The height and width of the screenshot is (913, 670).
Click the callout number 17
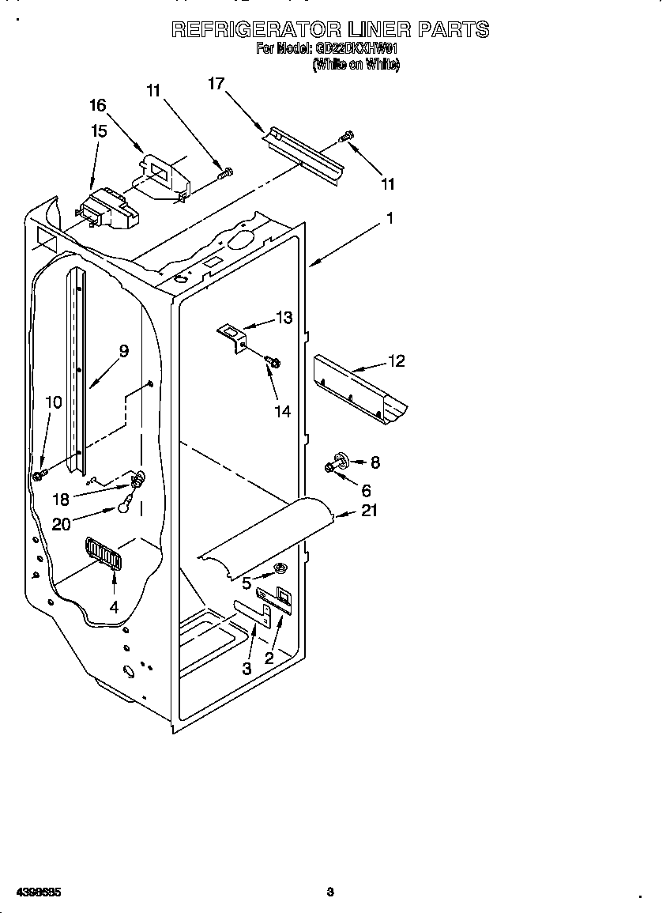pyautogui.click(x=216, y=83)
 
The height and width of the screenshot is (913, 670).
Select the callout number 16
pyautogui.click(x=97, y=105)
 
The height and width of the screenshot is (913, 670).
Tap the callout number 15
pyautogui.click(x=99, y=131)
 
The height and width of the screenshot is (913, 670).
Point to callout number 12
pyautogui.click(x=396, y=361)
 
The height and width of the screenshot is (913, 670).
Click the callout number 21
pyautogui.click(x=369, y=511)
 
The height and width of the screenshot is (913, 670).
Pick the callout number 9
pyautogui.click(x=123, y=351)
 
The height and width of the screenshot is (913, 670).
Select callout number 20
pyautogui.click(x=61, y=523)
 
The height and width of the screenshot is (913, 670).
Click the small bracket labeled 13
pyautogui.click(x=233, y=335)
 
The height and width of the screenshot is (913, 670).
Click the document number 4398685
pyautogui.click(x=32, y=892)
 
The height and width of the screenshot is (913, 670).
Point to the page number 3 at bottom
pyautogui.click(x=330, y=892)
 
